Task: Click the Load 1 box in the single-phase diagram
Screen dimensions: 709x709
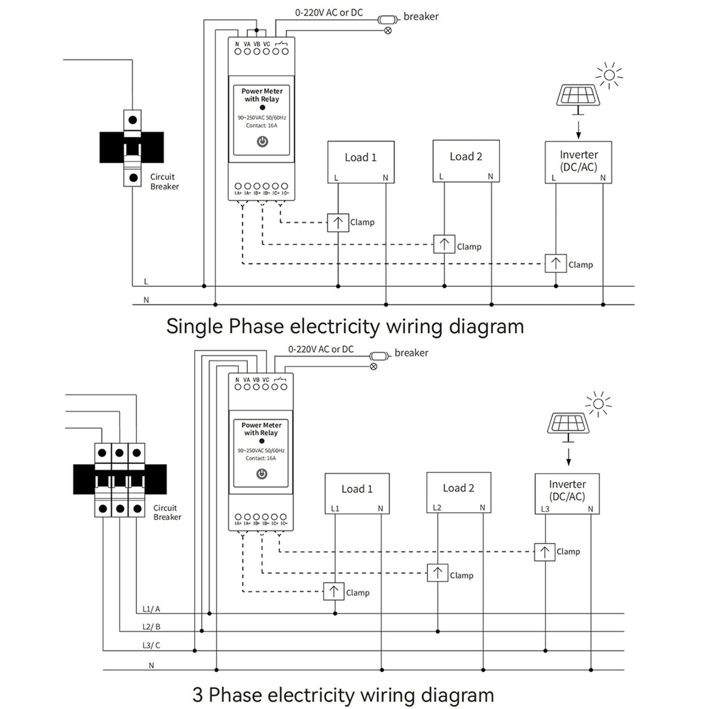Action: pyautogui.click(x=361, y=161)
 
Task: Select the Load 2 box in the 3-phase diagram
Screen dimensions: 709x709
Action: pyautogui.click(x=459, y=492)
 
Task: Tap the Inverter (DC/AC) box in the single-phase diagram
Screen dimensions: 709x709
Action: pyautogui.click(x=578, y=162)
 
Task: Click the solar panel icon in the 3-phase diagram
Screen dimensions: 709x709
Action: pyautogui.click(x=568, y=424)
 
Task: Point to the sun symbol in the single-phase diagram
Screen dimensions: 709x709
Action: pyautogui.click(x=609, y=74)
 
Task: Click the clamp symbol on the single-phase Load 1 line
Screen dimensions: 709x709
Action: pyautogui.click(x=338, y=223)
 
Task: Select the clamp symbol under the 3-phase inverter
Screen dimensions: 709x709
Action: pyautogui.click(x=545, y=552)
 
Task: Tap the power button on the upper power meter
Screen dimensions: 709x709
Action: pyautogui.click(x=262, y=142)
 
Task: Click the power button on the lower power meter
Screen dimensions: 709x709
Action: pyautogui.click(x=262, y=474)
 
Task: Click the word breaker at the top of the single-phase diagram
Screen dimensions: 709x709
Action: pyautogui.click(x=421, y=17)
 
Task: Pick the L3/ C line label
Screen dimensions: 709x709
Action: pyautogui.click(x=151, y=645)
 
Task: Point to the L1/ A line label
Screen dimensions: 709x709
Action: pyautogui.click(x=151, y=609)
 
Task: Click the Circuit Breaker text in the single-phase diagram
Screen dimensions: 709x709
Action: pyautogui.click(x=164, y=181)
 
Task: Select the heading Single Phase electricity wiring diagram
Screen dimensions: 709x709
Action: pyautogui.click(x=345, y=327)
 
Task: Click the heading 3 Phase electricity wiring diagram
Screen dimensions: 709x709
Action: pyautogui.click(x=343, y=695)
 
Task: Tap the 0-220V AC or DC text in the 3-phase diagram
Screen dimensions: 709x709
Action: pyautogui.click(x=321, y=349)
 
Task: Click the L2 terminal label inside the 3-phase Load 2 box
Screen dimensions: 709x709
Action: pyautogui.click(x=437, y=508)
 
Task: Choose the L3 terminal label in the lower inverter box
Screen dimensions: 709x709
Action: pyautogui.click(x=545, y=509)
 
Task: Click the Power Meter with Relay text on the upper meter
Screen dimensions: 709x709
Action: pyautogui.click(x=262, y=95)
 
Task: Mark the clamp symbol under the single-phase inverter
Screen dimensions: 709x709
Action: pyautogui.click(x=555, y=264)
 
